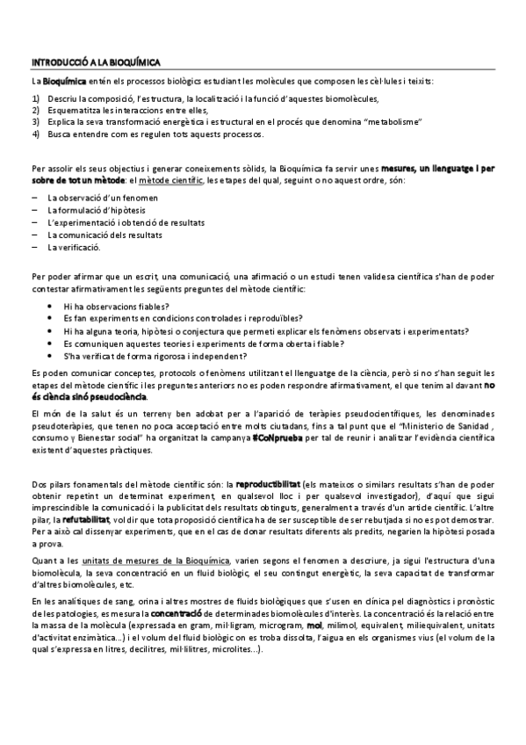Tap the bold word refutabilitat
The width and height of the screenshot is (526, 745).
tap(84, 520)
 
